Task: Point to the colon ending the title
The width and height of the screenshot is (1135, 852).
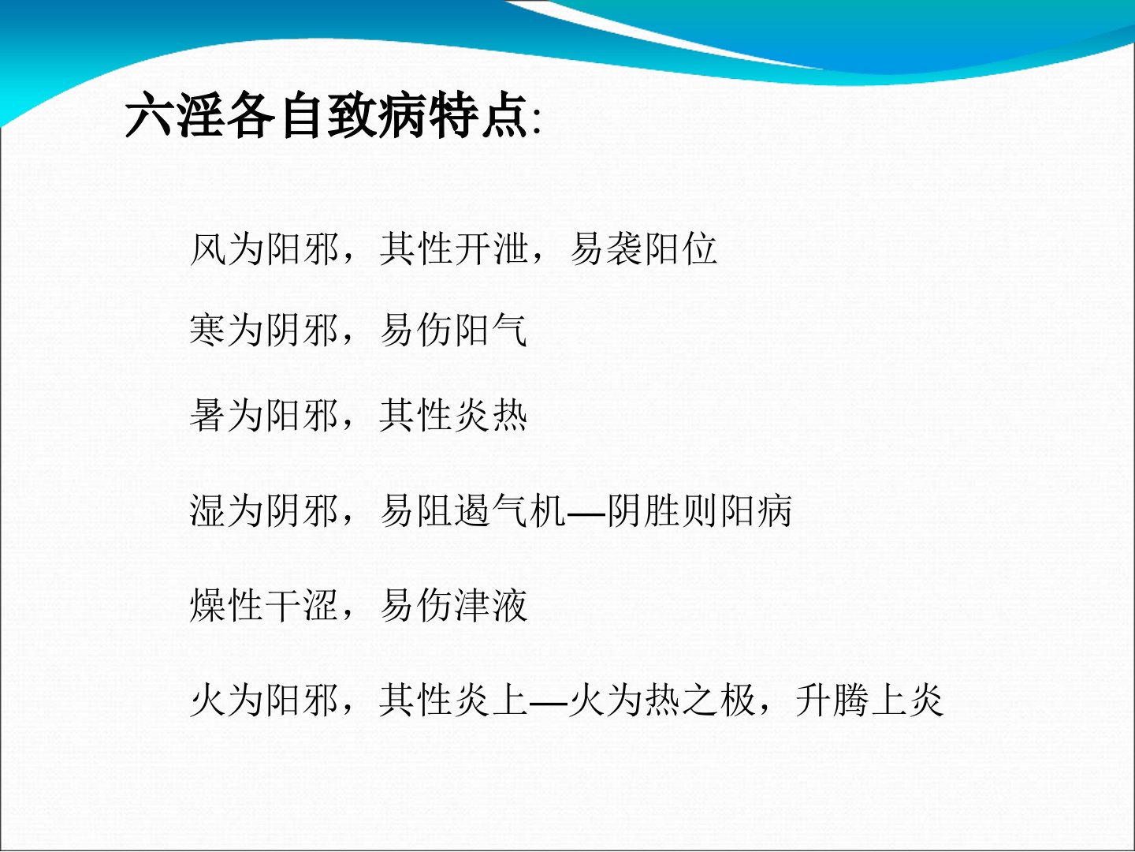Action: coord(536,122)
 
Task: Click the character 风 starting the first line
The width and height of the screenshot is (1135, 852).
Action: coord(208,249)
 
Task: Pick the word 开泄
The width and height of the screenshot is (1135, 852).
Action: coord(492,249)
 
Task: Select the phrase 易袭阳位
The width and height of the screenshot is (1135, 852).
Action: coord(644,249)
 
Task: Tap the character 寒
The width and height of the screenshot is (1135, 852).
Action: coord(208,330)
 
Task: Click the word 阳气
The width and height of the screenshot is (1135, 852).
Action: coord(492,330)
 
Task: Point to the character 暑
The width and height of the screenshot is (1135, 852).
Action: coord(208,415)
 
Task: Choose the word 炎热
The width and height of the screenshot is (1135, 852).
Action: coord(492,415)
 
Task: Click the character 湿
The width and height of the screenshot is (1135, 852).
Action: coord(208,510)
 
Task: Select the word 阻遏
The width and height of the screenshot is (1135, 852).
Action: coord(454,510)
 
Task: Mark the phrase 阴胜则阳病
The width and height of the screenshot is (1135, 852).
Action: coord(700,510)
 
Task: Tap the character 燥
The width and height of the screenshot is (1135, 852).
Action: coord(208,605)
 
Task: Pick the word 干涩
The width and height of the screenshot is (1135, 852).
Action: coord(301,605)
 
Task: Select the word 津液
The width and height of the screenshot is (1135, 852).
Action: coord(492,605)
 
